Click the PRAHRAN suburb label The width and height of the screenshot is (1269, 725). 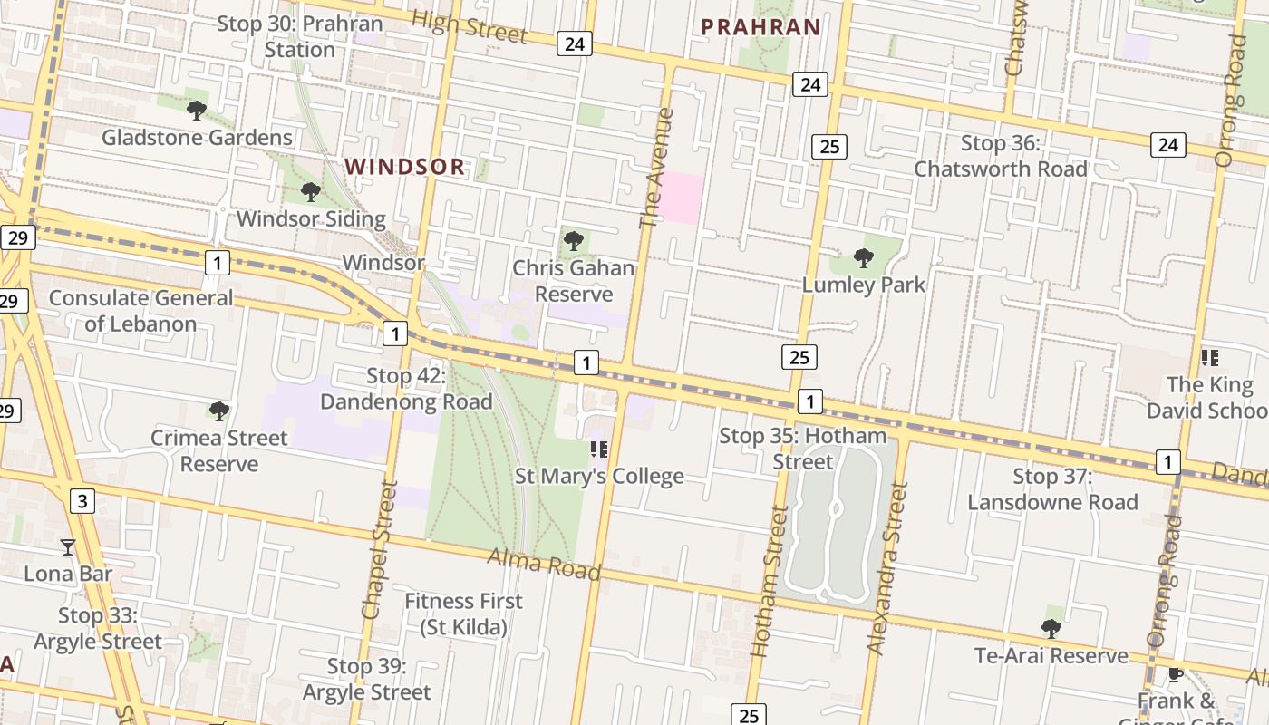coord(761,27)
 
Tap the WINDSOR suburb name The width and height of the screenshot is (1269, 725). coord(405,167)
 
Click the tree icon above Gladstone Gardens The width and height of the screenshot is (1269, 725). coord(196,111)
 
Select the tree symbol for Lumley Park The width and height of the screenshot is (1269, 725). coord(864,258)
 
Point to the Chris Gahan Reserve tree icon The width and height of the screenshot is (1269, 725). coord(573,241)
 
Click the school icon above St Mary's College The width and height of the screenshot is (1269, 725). coord(598,449)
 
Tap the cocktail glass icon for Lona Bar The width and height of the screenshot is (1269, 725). coord(68,546)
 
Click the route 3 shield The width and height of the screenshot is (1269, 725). coord(82,500)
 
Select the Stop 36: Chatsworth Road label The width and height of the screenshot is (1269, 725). coord(1000,156)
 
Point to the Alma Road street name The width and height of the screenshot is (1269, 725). coord(544,564)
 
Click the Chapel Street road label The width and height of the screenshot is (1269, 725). coord(379,550)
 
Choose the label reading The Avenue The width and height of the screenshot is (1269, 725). coord(657,169)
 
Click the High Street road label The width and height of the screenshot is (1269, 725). coord(468,26)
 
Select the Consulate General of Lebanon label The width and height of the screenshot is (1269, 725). coord(140,311)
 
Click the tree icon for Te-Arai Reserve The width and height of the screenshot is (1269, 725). coord(1051,628)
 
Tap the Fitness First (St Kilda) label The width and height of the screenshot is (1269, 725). coord(463,614)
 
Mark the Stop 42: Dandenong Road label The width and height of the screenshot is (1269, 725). coord(406,389)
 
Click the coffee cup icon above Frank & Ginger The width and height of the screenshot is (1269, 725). coord(1176,674)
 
